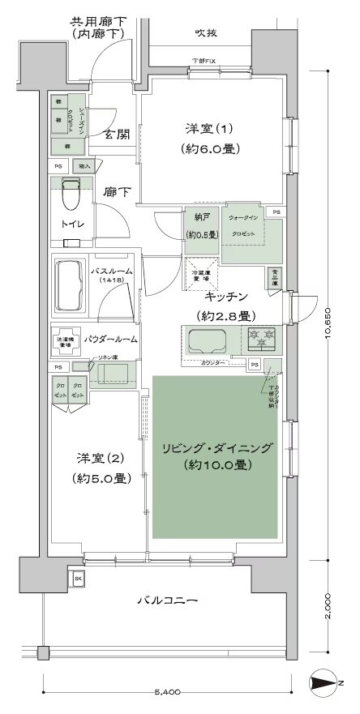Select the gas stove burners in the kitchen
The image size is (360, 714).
pyautogui.click(x=261, y=338)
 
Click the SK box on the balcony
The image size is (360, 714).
pyautogui.click(x=78, y=579)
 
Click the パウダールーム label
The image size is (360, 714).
pyautogui.click(x=113, y=339)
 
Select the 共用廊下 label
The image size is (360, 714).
pyautogui.click(x=98, y=21)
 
